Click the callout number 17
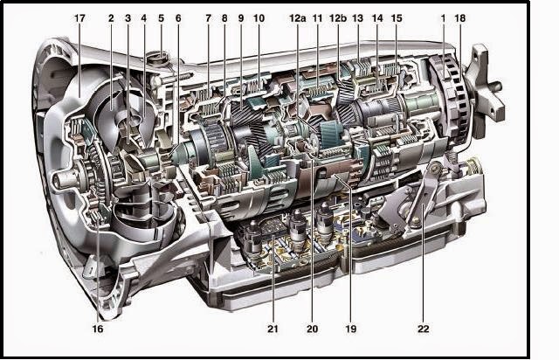79,17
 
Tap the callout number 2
111,17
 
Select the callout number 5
161,17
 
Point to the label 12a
297,17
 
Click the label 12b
338,17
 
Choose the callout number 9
241,17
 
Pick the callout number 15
397,17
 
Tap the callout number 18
460,17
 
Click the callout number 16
98,329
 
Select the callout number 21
273,329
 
